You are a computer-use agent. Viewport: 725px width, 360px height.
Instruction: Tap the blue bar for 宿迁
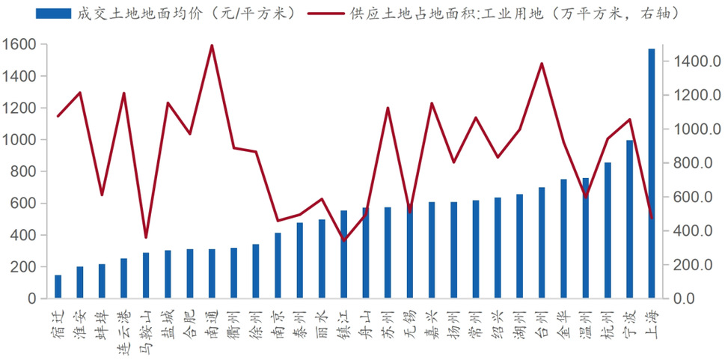tap(58, 287)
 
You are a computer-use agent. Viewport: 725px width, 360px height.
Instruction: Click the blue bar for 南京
tap(278, 266)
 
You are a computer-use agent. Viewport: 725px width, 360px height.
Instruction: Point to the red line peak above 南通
tap(212, 46)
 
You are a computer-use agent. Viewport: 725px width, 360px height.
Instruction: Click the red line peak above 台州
tap(541, 64)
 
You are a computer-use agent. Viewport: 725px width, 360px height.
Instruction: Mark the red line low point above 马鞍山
tap(146, 237)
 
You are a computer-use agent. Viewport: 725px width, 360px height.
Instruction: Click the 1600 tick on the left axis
tap(19, 45)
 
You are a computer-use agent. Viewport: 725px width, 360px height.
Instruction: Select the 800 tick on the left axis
tap(24, 171)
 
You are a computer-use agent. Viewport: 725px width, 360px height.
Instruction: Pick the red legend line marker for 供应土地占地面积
tap(324, 13)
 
